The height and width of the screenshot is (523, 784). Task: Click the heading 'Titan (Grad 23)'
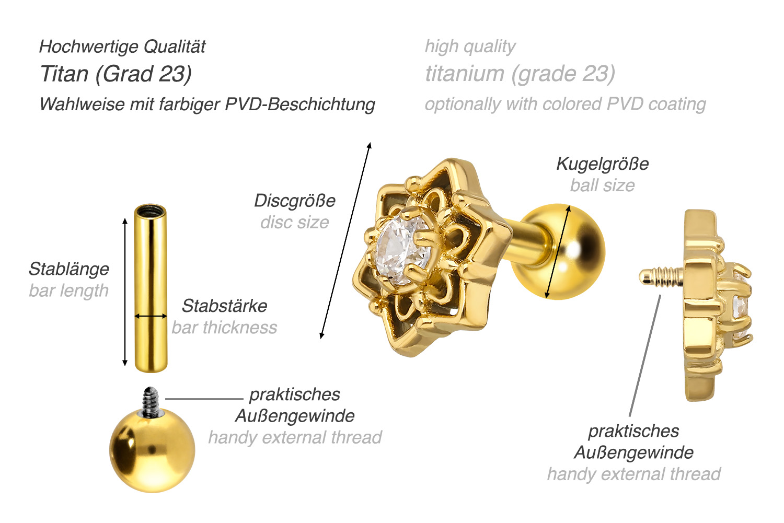tap(116, 74)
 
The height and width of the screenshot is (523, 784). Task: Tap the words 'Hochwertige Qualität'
tap(122, 47)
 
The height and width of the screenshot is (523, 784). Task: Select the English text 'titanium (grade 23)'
tap(520, 74)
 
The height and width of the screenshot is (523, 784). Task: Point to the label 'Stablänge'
tap(69, 269)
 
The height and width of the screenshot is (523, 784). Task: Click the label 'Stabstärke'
tap(225, 306)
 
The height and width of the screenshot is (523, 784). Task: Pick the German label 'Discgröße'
tap(295, 201)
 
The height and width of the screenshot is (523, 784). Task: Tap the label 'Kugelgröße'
tap(602, 164)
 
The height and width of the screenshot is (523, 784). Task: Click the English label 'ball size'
tap(602, 185)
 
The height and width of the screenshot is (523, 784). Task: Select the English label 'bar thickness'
tap(224, 328)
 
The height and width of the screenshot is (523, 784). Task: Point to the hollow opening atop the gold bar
tap(150, 212)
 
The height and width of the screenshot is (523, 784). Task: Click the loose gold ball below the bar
tap(152, 450)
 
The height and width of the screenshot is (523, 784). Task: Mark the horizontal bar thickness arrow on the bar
tap(151, 316)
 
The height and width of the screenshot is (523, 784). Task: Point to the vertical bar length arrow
tap(125, 292)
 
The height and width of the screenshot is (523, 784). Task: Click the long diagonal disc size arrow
tap(345, 241)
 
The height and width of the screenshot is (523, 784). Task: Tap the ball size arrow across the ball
tap(558, 252)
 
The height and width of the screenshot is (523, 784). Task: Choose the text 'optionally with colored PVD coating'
tap(566, 104)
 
